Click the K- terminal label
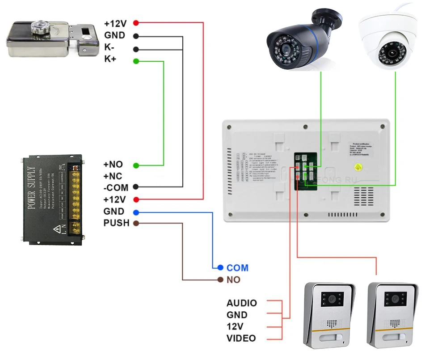click(110, 47)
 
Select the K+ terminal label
click(110, 59)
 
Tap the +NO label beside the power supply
click(113, 165)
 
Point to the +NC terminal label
click(113, 176)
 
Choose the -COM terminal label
click(116, 188)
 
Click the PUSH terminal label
click(116, 223)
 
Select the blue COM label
click(237, 268)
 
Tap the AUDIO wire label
click(242, 303)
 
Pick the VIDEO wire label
click(241, 338)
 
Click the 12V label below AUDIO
click(235, 326)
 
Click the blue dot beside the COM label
click(220, 267)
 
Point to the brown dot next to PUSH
click(136, 223)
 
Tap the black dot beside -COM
click(136, 187)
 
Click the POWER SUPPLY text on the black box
click(32, 188)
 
